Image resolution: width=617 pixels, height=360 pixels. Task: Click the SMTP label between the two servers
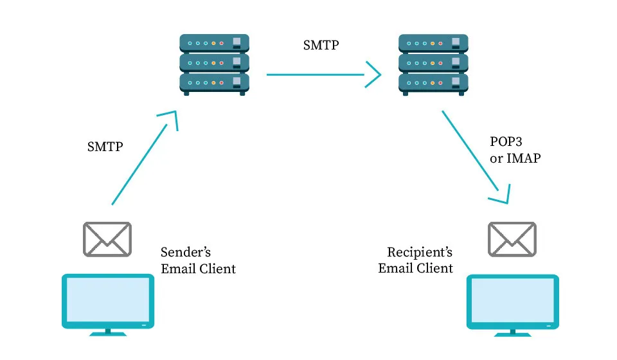321,46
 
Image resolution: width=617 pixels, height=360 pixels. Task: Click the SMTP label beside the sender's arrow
105,147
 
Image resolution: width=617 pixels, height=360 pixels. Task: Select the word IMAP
524,158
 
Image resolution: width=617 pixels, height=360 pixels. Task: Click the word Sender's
186,252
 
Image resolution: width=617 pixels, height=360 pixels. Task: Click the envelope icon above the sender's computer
107,238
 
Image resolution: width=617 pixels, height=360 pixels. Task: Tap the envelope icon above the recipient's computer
512,238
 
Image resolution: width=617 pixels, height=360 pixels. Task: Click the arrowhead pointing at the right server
374,75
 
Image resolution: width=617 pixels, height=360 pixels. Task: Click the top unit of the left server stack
214,44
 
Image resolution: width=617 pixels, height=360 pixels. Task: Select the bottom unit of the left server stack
214,82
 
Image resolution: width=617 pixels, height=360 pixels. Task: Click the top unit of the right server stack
433,44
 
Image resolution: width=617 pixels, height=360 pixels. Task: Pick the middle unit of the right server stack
433,63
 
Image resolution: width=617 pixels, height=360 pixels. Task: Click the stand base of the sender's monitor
107,333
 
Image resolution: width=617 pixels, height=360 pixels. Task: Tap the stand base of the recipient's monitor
512,333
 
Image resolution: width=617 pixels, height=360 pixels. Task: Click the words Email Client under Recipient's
415,269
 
